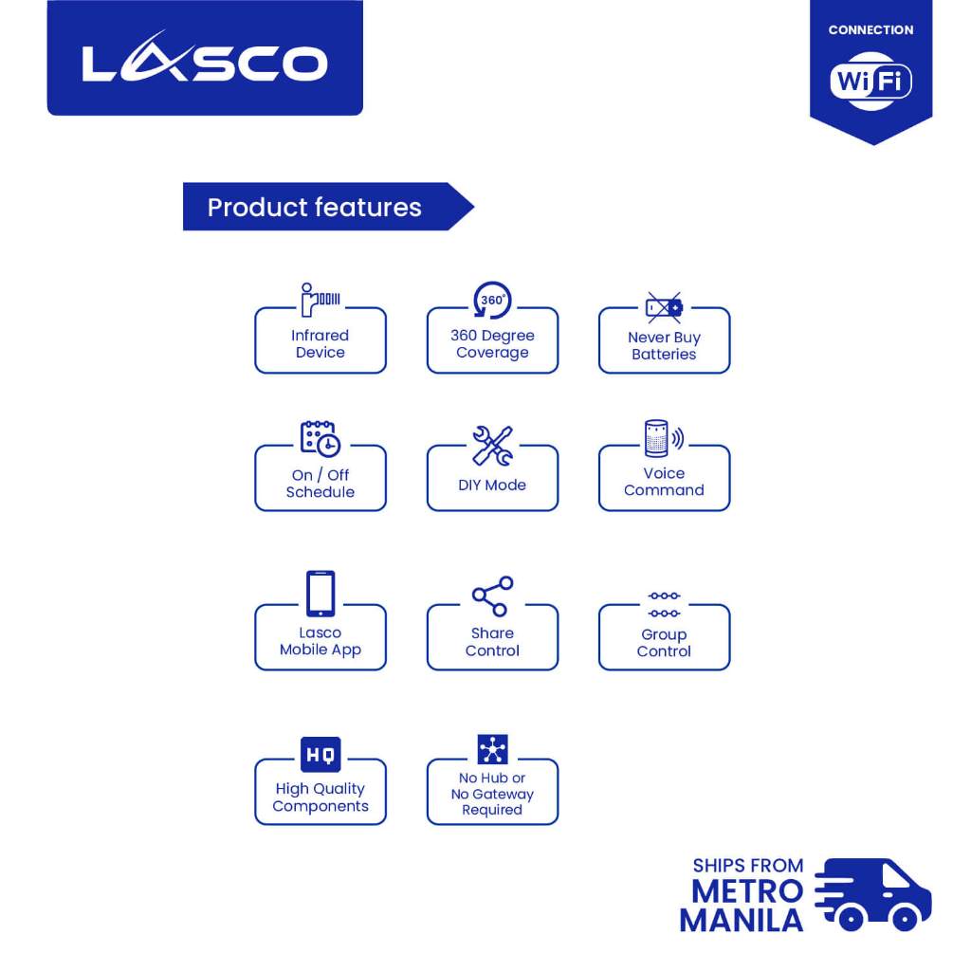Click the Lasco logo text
click(x=205, y=64)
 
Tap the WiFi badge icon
click(x=870, y=82)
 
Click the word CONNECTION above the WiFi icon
click(x=870, y=30)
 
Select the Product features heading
click(x=314, y=208)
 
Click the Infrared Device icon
click(x=320, y=300)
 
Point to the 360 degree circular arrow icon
click(x=492, y=301)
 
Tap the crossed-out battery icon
click(x=664, y=306)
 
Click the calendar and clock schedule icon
click(x=320, y=439)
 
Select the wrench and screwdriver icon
click(x=492, y=445)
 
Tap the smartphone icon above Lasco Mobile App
click(x=320, y=594)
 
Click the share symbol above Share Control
click(x=492, y=596)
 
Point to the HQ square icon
click(x=320, y=756)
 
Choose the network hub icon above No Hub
click(x=492, y=750)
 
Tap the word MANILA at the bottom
click(x=741, y=920)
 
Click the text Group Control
click(x=664, y=643)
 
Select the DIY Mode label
click(x=492, y=485)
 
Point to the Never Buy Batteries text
click(x=664, y=346)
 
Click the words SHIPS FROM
click(x=747, y=866)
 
